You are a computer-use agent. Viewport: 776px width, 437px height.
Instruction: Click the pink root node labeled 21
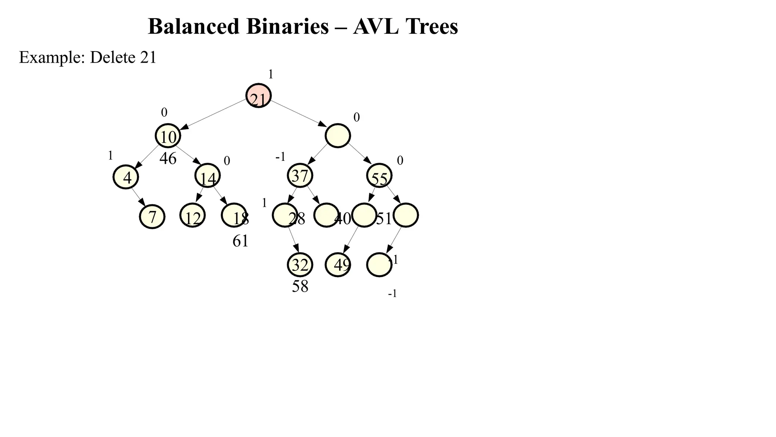pyautogui.click(x=258, y=96)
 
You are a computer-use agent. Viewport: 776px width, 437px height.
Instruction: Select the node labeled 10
pyautogui.click(x=168, y=136)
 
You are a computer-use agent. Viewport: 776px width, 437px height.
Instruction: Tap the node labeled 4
pyautogui.click(x=126, y=177)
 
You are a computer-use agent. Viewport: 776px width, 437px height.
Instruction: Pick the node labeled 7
pyautogui.click(x=152, y=217)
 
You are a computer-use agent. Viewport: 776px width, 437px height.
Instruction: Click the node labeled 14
pyautogui.click(x=208, y=176)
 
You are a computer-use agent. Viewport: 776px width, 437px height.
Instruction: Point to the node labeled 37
pyautogui.click(x=300, y=176)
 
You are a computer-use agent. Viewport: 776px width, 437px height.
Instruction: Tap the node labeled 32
pyautogui.click(x=300, y=265)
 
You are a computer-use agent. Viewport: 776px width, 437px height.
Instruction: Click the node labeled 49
pyautogui.click(x=338, y=265)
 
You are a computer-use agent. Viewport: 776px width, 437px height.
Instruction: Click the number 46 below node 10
pyautogui.click(x=168, y=159)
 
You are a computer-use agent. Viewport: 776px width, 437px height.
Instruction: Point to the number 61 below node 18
pyautogui.click(x=240, y=241)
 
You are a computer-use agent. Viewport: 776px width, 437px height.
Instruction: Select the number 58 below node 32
pyautogui.click(x=300, y=286)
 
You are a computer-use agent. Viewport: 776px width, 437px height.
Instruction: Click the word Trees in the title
pyautogui.click(x=432, y=27)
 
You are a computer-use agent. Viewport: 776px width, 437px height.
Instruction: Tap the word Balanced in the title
pyautogui.click(x=193, y=27)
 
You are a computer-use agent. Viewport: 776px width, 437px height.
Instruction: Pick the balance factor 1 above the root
pyautogui.click(x=271, y=74)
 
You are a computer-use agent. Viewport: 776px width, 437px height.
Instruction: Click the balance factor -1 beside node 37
pyautogui.click(x=280, y=157)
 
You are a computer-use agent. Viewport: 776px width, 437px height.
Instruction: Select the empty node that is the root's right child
pyautogui.click(x=338, y=136)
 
